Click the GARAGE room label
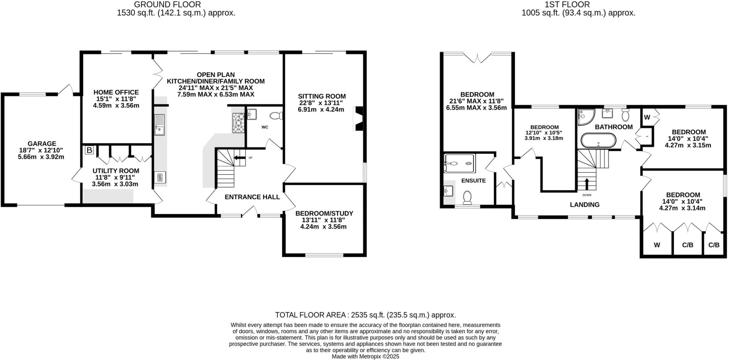(42, 144)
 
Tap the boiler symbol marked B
(89, 150)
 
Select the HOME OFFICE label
(116, 93)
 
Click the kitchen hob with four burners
(238, 123)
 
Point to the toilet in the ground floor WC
(276, 116)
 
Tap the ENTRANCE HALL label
(252, 197)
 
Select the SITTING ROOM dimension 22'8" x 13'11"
(321, 103)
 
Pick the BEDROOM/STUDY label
(324, 213)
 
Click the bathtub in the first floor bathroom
(598, 141)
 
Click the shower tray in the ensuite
(459, 163)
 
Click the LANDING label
(584, 205)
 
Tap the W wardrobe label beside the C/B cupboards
(657, 245)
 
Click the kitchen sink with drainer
(159, 125)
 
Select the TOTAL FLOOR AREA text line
(365, 315)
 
